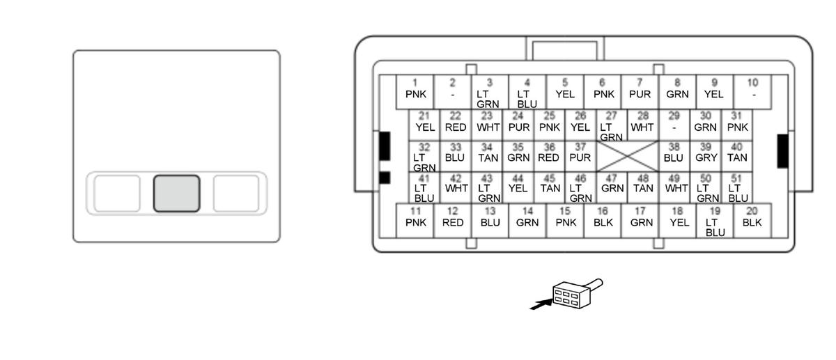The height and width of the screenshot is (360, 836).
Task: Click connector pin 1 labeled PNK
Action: pyautogui.click(x=415, y=91)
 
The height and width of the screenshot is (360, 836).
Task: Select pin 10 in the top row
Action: pyautogui.click(x=752, y=91)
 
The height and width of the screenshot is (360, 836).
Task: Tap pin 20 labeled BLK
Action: pyautogui.click(x=752, y=219)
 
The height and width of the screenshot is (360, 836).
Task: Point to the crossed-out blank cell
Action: pyautogui.click(x=627, y=156)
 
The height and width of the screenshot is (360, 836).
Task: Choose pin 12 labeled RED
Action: pyautogui.click(x=453, y=219)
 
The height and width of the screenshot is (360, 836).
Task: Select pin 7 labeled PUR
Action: pyautogui.click(x=640, y=91)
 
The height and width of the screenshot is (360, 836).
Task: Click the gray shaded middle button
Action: pyautogui.click(x=177, y=193)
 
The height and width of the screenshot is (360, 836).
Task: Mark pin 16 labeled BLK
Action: pyautogui.click(x=603, y=219)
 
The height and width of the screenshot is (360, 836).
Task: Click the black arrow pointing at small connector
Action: pyautogui.click(x=540, y=304)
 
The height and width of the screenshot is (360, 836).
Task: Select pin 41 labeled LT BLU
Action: pyautogui.click(x=424, y=188)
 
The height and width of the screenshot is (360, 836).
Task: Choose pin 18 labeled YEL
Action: pyautogui.click(x=678, y=219)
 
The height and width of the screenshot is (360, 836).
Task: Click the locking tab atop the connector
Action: pyautogui.click(x=565, y=49)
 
